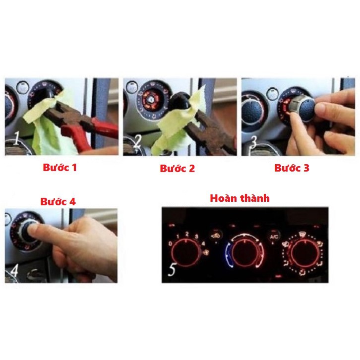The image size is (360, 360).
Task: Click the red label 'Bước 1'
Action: click(x=60, y=168)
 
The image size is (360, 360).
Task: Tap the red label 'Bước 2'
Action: click(x=177, y=169)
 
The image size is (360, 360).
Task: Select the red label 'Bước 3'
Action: click(x=292, y=168)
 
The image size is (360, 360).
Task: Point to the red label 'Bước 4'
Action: click(x=58, y=202)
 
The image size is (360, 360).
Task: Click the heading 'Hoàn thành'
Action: click(x=240, y=198)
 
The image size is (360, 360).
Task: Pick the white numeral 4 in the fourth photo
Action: click(x=15, y=271)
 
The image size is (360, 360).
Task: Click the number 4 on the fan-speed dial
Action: click(x=204, y=244)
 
